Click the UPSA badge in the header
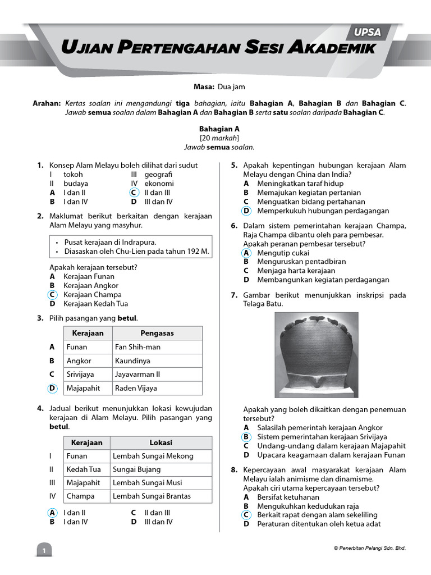(368, 32)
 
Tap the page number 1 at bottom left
(43, 551)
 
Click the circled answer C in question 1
(133, 193)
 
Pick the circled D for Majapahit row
(52, 388)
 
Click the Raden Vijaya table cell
(136, 388)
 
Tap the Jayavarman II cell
(137, 375)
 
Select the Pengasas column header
(157, 333)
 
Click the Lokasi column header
(161, 442)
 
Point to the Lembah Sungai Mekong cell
(153, 456)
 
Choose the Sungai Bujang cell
(136, 469)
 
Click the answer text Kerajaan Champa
(92, 295)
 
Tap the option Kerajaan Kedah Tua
(95, 304)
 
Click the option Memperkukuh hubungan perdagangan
(323, 211)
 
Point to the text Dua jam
(231, 87)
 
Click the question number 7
(234, 295)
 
